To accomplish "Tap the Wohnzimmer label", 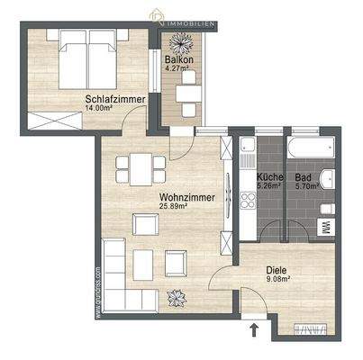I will click(161, 195).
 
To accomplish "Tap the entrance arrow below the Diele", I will click(255, 331).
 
